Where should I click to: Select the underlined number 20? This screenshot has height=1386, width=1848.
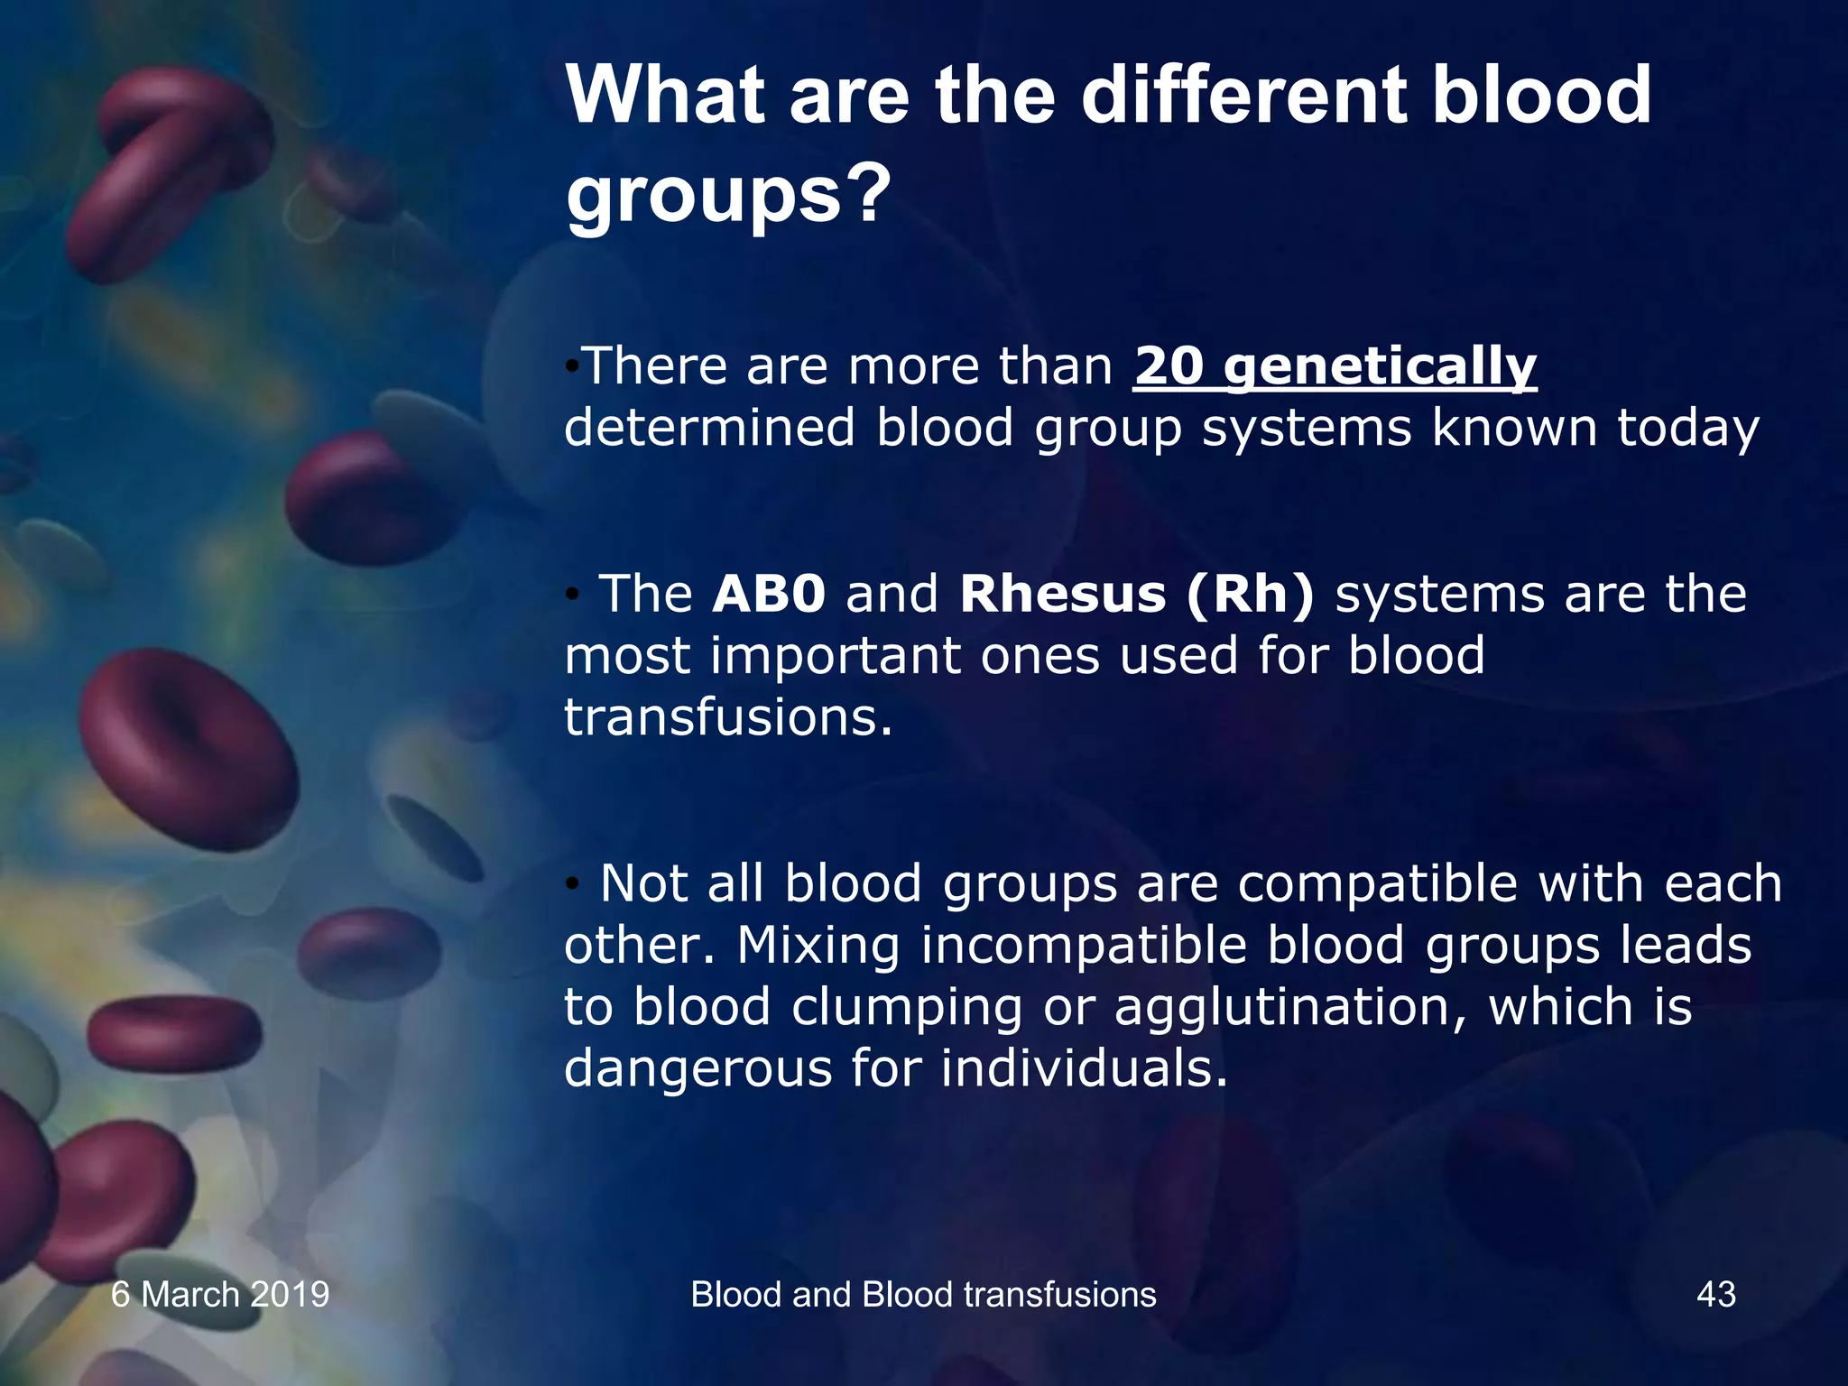click(1169, 365)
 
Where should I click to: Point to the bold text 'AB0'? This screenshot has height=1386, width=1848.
click(769, 595)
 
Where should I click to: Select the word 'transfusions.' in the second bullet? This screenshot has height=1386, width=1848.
click(728, 717)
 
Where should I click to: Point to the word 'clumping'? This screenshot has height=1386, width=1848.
click(906, 1009)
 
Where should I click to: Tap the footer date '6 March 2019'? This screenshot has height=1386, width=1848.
click(220, 1294)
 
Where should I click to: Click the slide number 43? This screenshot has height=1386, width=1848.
click(1715, 1294)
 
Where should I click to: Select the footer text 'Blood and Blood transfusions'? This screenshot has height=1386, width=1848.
click(923, 1294)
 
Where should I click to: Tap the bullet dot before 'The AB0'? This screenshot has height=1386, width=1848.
click(571, 595)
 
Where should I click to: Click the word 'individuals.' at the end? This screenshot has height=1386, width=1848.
click(1084, 1068)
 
